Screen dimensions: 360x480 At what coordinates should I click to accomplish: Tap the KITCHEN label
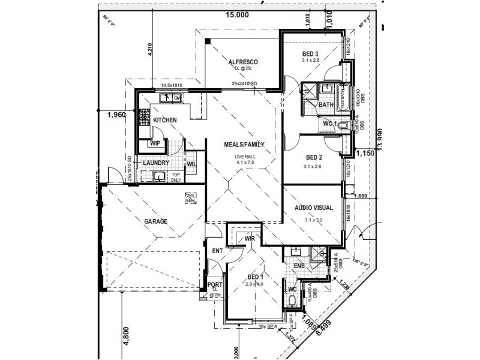165,121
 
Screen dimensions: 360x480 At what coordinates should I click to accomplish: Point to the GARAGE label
155,221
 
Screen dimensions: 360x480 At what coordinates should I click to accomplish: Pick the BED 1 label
256,277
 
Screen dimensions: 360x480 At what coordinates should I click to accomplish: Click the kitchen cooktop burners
144,118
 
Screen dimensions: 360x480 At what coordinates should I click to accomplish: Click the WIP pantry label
155,143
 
